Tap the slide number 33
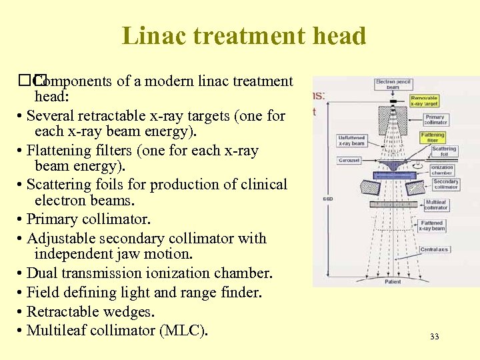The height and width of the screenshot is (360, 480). (x=434, y=337)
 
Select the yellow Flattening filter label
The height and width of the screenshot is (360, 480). (x=433, y=137)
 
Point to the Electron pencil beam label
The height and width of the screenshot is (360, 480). (x=394, y=85)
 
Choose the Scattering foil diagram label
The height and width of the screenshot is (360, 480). (x=443, y=151)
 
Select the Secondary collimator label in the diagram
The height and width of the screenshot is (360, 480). (x=445, y=183)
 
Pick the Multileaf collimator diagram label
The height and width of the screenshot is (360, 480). (x=437, y=205)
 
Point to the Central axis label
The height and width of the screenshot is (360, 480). (x=435, y=249)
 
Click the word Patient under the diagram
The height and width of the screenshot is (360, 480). (x=393, y=282)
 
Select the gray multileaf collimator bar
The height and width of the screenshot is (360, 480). (x=394, y=203)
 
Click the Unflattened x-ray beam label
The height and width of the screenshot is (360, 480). (x=351, y=141)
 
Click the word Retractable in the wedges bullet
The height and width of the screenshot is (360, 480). (x=70, y=311)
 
